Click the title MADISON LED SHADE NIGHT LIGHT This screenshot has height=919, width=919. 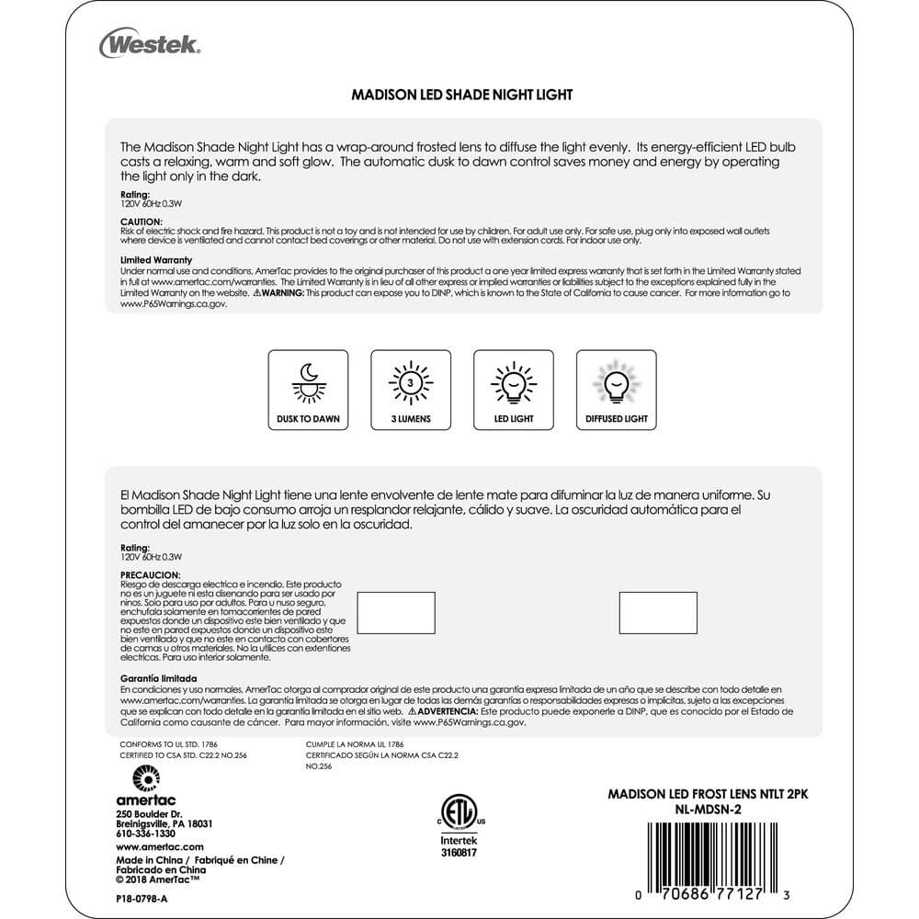click(462, 95)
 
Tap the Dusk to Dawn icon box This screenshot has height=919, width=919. click(307, 391)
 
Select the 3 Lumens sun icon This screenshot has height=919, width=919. click(411, 381)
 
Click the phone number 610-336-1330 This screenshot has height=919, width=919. click(146, 833)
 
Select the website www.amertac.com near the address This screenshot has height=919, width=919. click(160, 846)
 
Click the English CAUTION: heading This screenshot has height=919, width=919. click(142, 221)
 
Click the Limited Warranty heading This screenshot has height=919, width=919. click(156, 260)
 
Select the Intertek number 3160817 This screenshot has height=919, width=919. click(459, 852)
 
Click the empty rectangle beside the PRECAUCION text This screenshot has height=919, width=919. click(395, 613)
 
